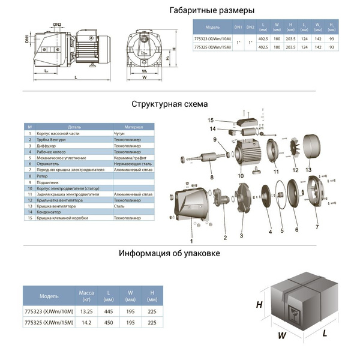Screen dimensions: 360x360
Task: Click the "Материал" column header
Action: (x=133, y=127)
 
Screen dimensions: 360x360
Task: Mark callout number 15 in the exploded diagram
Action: (x=211, y=121)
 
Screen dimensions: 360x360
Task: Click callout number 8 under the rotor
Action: (x=211, y=178)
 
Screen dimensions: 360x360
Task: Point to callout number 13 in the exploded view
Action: (x=308, y=170)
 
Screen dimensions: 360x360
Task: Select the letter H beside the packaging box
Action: (x=259, y=305)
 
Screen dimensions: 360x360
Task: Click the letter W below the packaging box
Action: (x=281, y=336)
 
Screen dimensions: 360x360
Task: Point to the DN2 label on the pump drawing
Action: (x=58, y=25)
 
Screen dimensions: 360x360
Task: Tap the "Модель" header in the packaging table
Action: (x=49, y=296)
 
